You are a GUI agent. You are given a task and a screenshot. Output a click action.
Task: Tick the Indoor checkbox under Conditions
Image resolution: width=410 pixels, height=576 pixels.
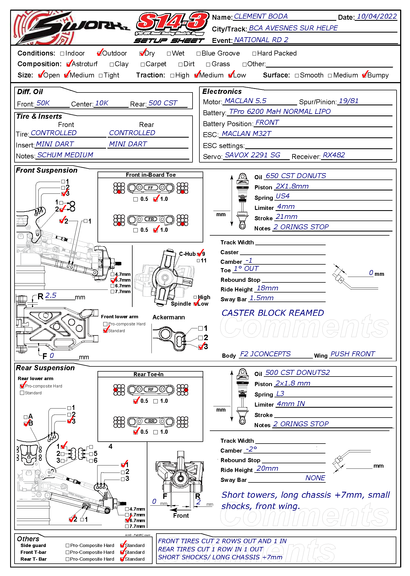[62, 54]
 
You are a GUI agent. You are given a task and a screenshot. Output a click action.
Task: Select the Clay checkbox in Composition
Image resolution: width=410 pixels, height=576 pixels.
[112, 65]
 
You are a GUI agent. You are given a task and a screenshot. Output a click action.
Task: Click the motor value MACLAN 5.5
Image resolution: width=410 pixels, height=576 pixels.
[245, 101]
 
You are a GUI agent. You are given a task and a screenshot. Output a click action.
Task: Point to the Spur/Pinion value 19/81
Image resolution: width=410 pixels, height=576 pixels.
[348, 101]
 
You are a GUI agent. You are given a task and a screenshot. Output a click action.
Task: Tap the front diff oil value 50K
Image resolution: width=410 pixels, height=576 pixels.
[43, 103]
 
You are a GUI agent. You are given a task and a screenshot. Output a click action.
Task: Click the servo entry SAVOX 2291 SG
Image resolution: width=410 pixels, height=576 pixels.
[252, 155]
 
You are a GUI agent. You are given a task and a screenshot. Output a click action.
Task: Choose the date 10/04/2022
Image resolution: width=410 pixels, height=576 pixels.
[377, 16]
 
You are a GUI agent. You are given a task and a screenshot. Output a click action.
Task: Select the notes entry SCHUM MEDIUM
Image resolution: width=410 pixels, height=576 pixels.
[65, 155]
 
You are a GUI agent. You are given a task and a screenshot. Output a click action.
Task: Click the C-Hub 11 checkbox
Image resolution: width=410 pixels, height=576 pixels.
[198, 261]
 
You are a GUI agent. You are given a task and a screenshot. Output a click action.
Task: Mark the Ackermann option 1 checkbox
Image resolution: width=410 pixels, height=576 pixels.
[200, 328]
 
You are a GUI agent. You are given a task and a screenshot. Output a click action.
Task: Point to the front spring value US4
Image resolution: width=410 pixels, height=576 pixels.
[282, 196]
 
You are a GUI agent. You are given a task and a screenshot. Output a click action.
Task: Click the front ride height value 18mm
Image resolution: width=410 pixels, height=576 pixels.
[267, 288]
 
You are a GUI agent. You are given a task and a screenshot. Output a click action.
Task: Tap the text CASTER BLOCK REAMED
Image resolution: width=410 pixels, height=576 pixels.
[273, 313]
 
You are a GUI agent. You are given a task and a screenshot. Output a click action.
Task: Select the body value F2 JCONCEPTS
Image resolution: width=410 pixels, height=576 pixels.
[265, 354]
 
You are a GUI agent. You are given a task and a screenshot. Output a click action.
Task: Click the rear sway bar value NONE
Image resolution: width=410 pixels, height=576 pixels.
[315, 478]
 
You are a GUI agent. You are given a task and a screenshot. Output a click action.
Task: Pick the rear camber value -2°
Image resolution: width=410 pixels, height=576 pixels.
[251, 449]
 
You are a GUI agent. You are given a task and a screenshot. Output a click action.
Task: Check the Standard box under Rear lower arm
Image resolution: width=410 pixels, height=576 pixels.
[22, 393]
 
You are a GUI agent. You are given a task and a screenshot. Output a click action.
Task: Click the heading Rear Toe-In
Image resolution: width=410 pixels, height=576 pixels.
[148, 374]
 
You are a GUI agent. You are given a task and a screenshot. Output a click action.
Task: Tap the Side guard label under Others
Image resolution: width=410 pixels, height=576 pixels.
[33, 545]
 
